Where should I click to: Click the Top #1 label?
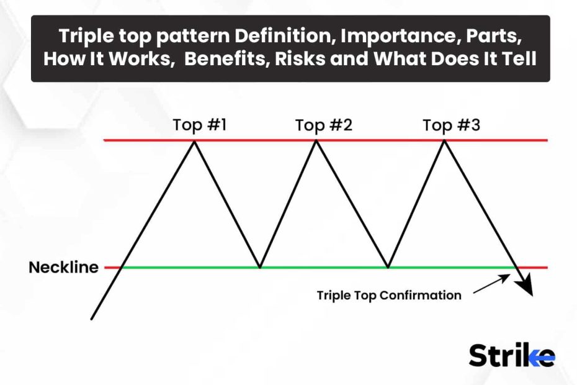tap(199, 125)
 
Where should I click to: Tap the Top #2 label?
tap(324, 125)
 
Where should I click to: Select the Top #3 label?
tap(451, 125)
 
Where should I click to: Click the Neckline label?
tap(64, 268)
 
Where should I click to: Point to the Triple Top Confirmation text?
tap(389, 296)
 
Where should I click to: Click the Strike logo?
tap(512, 355)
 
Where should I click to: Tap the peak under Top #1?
tap(194, 142)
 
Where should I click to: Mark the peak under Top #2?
tap(316, 142)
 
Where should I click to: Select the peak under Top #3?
tap(444, 142)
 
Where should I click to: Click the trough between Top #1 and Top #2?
tap(260, 266)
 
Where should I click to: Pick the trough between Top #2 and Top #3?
tap(388, 266)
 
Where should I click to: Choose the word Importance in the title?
tap(400, 36)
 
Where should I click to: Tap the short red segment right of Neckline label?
tap(112, 268)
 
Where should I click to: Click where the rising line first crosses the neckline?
tap(122, 268)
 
